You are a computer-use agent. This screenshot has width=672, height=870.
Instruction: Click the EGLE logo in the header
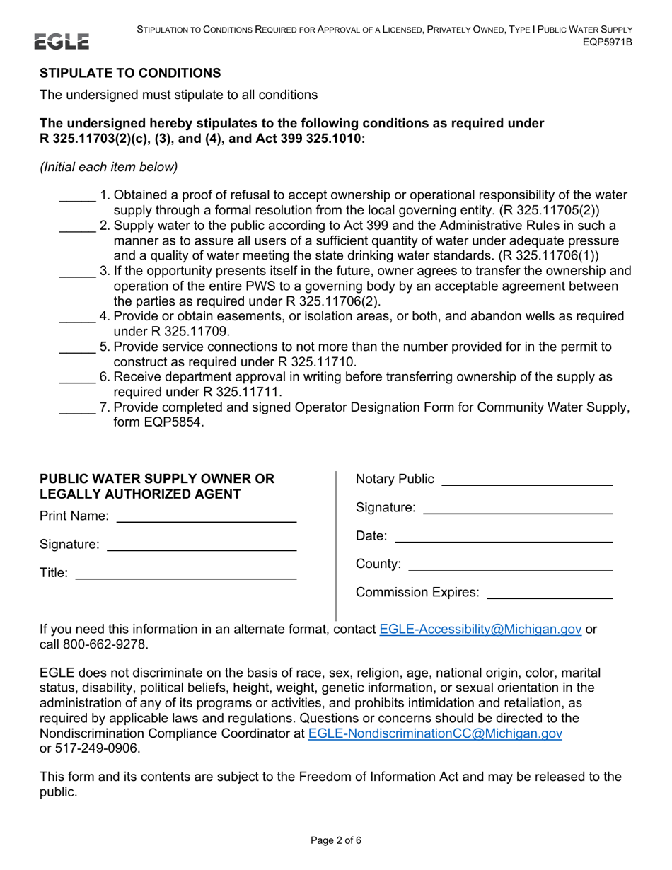point(64,42)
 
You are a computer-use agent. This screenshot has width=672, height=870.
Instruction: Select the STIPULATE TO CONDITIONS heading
point(130,73)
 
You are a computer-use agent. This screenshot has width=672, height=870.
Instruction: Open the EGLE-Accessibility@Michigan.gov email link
point(480,630)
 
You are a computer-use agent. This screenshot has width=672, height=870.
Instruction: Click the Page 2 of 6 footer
point(336,841)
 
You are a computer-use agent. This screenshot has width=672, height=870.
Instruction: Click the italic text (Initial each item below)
point(108,167)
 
